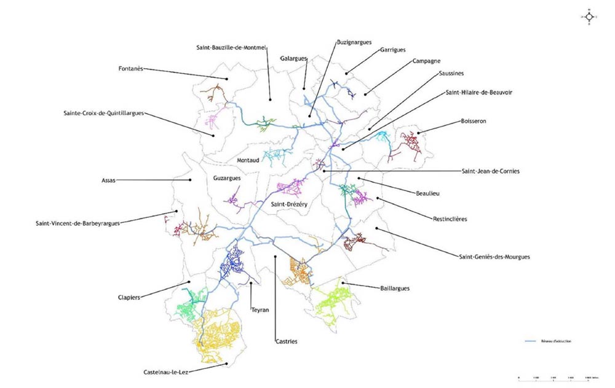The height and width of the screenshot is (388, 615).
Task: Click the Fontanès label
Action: pos(130,69)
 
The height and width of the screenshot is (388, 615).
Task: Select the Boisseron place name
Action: pos(473,121)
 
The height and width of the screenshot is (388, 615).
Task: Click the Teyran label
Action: pos(260,311)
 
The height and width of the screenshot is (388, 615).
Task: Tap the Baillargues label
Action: pos(395,287)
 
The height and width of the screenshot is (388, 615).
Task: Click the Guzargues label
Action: pos(226,178)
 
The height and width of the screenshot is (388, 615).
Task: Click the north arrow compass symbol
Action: pos(589,17)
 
